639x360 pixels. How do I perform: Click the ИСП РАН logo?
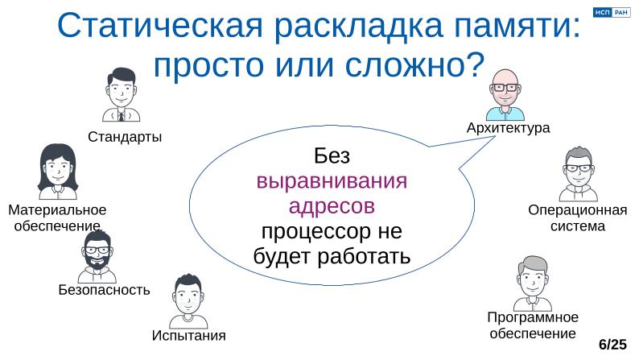(611, 12)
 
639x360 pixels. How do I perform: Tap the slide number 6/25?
(612, 345)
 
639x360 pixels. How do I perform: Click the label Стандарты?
(125, 137)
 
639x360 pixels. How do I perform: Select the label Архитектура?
(508, 128)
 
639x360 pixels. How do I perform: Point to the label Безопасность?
(104, 290)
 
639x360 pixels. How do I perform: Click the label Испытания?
(189, 335)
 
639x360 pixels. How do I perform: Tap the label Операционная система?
(577, 218)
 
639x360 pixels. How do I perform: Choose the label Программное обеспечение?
(533, 325)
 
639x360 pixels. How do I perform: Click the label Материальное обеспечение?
(57, 218)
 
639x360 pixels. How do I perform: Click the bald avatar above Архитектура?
(506, 93)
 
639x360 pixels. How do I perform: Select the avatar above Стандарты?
(122, 95)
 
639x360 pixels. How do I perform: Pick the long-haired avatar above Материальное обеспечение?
(57, 171)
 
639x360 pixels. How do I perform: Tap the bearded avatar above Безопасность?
(97, 256)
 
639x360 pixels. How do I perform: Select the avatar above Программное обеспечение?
(532, 283)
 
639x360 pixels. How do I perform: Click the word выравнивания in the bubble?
(332, 180)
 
